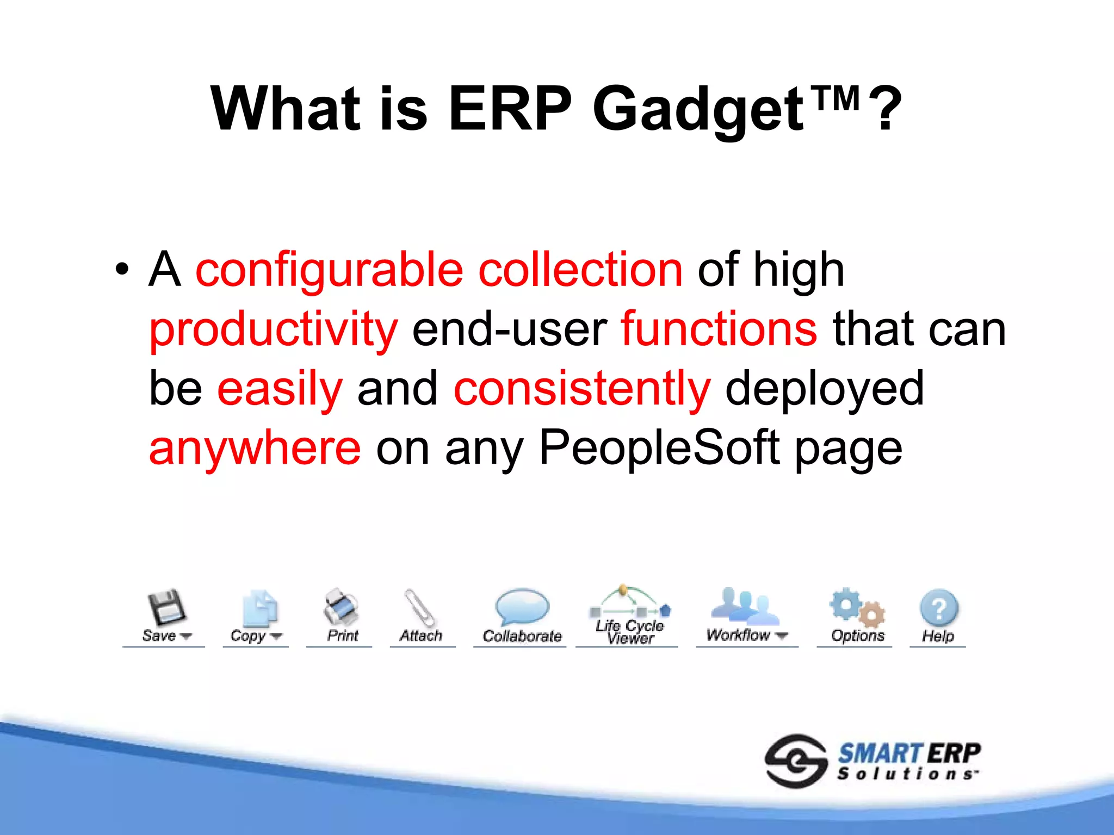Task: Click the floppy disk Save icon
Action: point(165,607)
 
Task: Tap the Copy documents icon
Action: point(260,608)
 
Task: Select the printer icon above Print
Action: point(341,607)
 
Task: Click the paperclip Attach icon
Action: point(419,608)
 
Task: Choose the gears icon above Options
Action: point(857,607)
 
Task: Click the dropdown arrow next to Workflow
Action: point(782,635)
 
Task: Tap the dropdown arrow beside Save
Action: point(185,636)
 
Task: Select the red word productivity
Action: point(273,329)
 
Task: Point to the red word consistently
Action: point(581,389)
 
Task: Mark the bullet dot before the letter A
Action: point(122,270)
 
